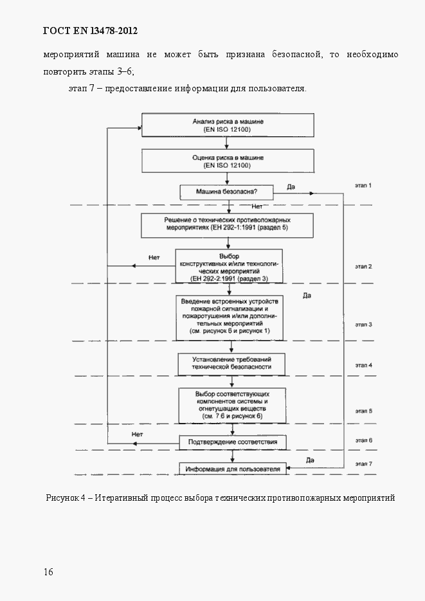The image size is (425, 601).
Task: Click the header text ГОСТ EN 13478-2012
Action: (x=90, y=31)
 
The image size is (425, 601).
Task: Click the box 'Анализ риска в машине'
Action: (x=228, y=125)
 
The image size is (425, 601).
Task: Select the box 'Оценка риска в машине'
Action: (x=228, y=161)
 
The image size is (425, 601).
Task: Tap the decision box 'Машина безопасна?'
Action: (x=227, y=192)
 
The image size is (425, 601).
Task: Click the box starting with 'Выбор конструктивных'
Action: (x=228, y=266)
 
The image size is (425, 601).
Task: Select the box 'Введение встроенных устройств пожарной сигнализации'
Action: (x=230, y=318)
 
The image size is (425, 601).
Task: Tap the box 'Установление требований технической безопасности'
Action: (x=231, y=363)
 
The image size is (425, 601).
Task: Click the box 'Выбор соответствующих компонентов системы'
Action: (x=231, y=405)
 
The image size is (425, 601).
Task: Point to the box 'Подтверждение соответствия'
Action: (x=232, y=443)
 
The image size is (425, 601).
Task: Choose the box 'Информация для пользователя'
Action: (x=233, y=469)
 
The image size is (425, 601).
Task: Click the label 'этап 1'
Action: (x=363, y=185)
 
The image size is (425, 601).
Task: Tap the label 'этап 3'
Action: (x=363, y=325)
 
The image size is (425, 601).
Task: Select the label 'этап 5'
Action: (x=363, y=410)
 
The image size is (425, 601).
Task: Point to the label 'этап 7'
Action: (x=363, y=463)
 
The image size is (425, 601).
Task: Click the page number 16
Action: (x=49, y=572)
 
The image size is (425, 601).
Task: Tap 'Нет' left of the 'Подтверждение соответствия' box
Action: (x=136, y=434)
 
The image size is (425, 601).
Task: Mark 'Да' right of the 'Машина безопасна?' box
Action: (x=291, y=187)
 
